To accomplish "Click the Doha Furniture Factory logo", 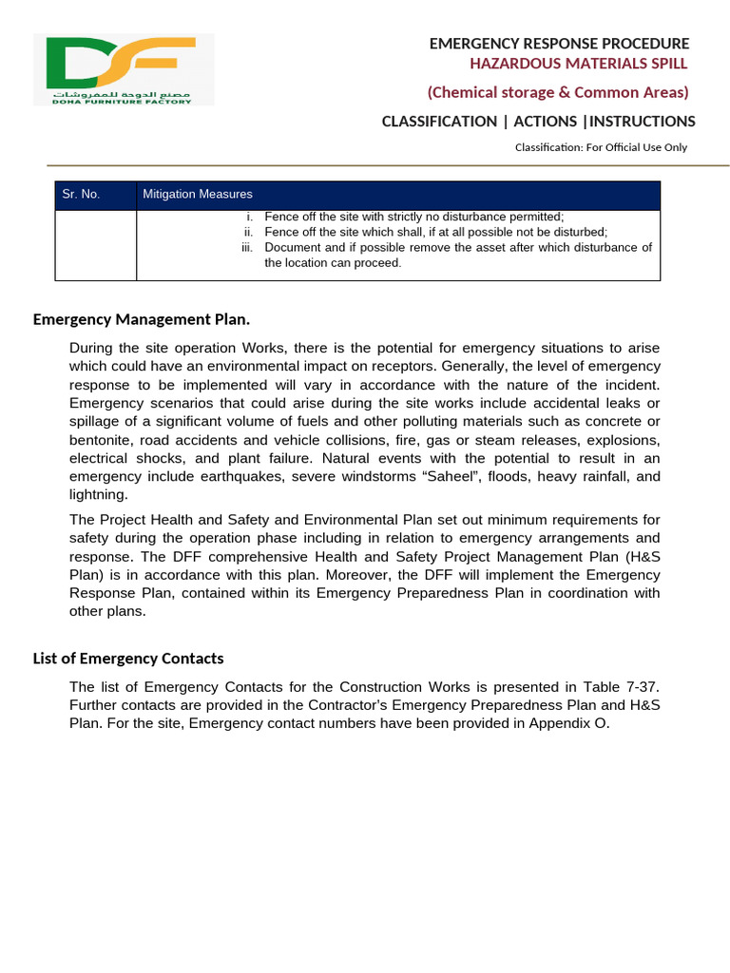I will coord(124,68).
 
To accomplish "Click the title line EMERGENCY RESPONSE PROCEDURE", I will coord(559,44).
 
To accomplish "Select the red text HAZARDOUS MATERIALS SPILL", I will coord(578,64).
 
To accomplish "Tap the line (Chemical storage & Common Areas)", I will coord(557,92).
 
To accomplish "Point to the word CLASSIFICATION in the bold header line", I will coord(439,122).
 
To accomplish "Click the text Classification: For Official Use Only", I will coord(601,147).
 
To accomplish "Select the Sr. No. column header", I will coord(81,195).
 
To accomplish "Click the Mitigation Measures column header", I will coord(198,195).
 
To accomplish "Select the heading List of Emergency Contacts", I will coord(128,658).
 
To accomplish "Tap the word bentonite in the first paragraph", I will coord(104,441).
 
